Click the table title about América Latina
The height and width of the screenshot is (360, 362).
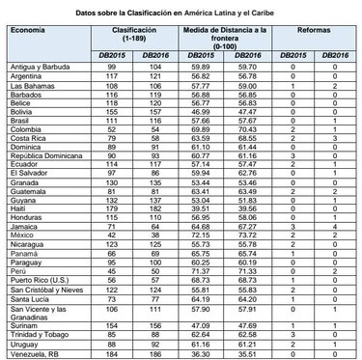pos(180,9)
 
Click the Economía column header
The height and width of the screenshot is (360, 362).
pos(28,31)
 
